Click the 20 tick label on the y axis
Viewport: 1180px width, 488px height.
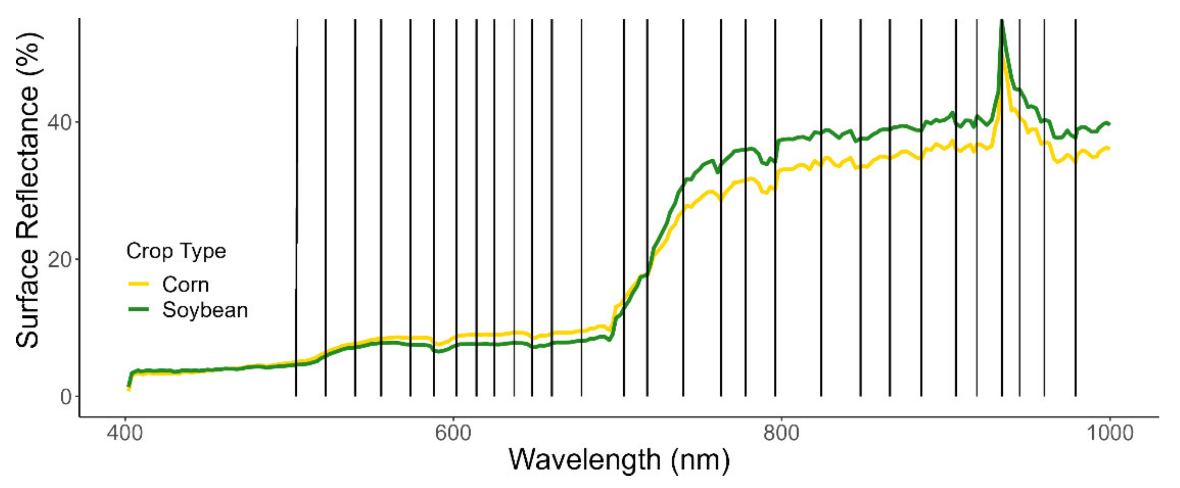tap(60, 260)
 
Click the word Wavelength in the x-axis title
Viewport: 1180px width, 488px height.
tap(584, 460)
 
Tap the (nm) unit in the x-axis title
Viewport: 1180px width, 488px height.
tap(701, 460)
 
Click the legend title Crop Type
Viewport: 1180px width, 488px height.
tap(176, 251)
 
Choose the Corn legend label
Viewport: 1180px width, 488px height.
tap(185, 285)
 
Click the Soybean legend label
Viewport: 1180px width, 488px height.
tap(205, 310)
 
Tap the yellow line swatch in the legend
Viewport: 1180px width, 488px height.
tap(138, 284)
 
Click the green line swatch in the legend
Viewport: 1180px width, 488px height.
tap(138, 309)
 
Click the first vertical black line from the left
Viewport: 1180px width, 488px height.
tap(296, 206)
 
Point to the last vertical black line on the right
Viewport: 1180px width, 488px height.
tap(1075, 206)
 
